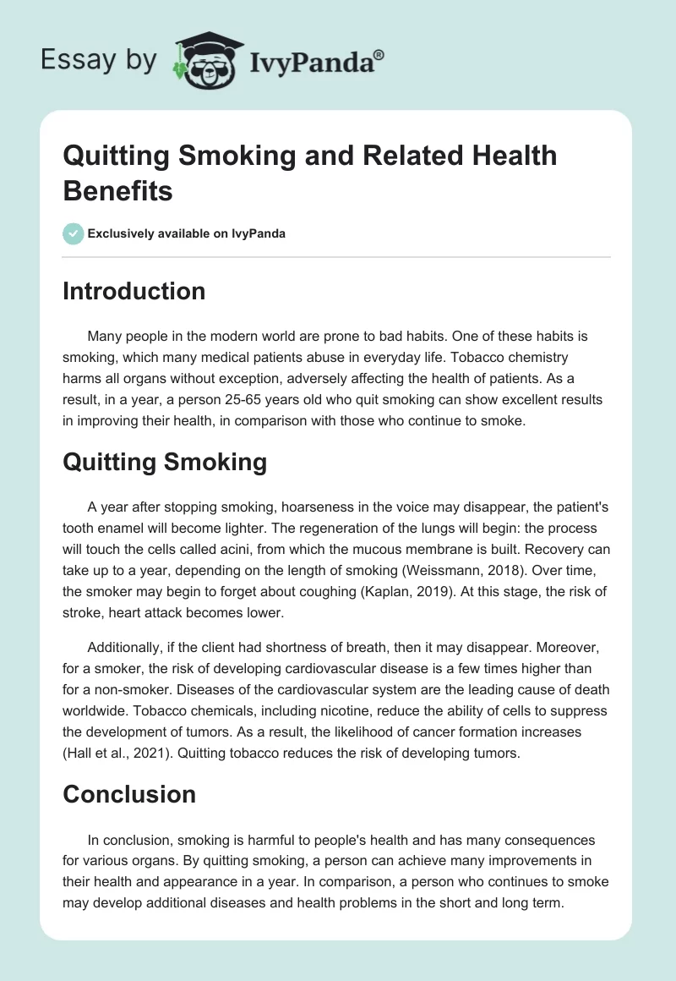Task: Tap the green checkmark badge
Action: point(74,233)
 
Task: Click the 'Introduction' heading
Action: point(134,291)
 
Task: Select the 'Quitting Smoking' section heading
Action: point(165,462)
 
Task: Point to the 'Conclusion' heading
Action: point(129,794)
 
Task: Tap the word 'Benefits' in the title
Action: point(117,190)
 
